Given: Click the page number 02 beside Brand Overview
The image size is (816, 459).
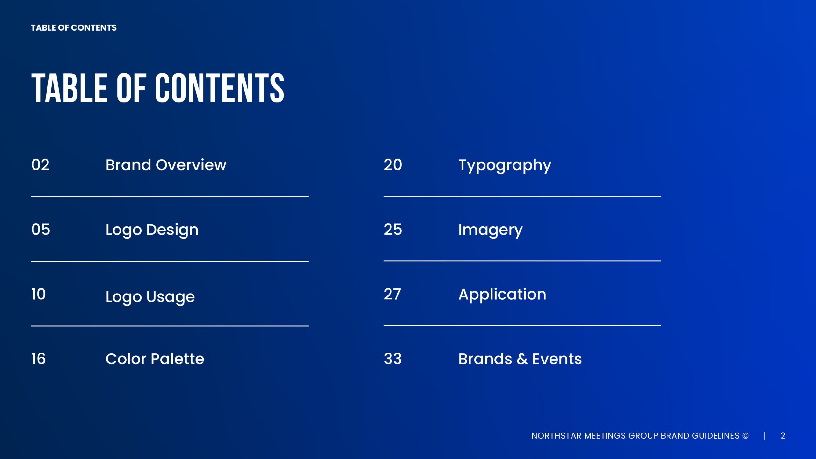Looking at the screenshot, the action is coord(40,165).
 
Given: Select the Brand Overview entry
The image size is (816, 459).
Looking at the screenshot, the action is coord(166,165).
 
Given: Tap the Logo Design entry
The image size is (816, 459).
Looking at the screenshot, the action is coord(152,230).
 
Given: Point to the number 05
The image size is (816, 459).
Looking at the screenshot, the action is coord(41,229).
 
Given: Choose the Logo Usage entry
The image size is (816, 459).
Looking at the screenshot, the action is coord(150,297).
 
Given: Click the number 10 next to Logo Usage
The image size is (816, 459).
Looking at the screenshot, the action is coord(39,294).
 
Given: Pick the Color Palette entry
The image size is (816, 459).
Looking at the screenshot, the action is coord(155,359).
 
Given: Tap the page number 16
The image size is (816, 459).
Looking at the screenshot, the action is coord(39,359).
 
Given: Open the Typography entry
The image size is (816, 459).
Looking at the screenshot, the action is coord(505,166).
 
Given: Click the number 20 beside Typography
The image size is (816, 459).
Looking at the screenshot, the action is coord(393,165).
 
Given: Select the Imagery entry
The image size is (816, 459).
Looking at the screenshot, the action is coord(491,230).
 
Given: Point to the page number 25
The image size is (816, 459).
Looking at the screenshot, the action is coord(393,229).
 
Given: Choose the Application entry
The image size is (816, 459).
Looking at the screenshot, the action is coord(502,295).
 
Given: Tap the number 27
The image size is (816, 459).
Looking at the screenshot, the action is coord(392,294).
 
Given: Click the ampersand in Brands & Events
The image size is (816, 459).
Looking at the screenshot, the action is coord(522,359).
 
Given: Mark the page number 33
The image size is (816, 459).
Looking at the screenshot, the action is coord(393,359).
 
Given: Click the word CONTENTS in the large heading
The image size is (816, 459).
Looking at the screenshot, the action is coord(220,88).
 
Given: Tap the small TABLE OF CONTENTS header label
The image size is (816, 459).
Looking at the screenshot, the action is coord(74,28).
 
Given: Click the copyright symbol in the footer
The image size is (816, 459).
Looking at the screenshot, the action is coord(745,436).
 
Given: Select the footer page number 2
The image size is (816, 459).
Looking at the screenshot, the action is coord(783,436).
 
